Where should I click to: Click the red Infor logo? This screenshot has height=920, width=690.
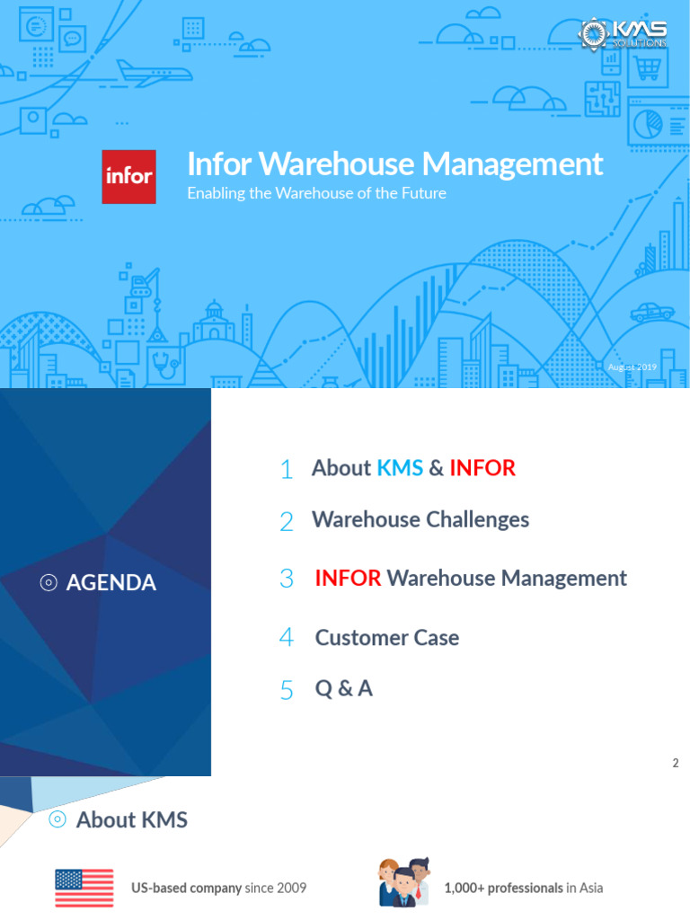pos(128,176)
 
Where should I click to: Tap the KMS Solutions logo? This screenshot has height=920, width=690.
pos(623,33)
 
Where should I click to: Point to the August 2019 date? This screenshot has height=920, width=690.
pos(632,367)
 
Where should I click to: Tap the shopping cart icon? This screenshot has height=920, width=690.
pos(648,66)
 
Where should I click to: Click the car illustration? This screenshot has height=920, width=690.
pos(652,313)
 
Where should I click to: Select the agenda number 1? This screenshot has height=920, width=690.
pos(287,469)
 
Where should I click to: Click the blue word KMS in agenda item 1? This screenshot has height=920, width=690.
pos(400,468)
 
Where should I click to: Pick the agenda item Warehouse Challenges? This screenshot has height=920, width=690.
pos(420,519)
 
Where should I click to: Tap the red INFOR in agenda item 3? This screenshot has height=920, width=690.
pos(348,578)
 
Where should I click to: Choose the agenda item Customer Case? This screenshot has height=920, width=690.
pos(386,638)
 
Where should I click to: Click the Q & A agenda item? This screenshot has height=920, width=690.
pos(343,689)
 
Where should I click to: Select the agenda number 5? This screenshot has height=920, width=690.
pos(287,690)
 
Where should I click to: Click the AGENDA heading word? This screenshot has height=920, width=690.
pos(111,583)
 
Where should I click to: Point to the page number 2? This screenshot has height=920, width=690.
pos(675,764)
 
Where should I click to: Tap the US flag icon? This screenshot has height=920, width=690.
pos(84,888)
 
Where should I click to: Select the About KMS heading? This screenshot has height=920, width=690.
pos(131,819)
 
